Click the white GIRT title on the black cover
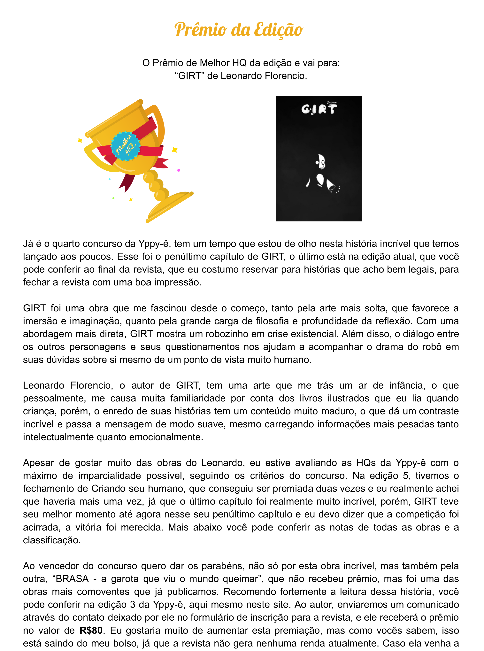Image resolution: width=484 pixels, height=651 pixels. tap(319, 109)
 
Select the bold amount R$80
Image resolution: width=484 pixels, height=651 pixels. tap(91, 630)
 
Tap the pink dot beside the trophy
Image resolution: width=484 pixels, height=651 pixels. tap(179, 170)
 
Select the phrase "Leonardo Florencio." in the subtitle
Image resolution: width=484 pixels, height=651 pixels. tap(264, 76)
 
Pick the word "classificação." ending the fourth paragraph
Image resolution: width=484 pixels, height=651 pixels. tap(52, 540)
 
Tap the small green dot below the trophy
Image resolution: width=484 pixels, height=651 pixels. tap(113, 198)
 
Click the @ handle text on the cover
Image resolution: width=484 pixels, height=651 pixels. tap(332, 103)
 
